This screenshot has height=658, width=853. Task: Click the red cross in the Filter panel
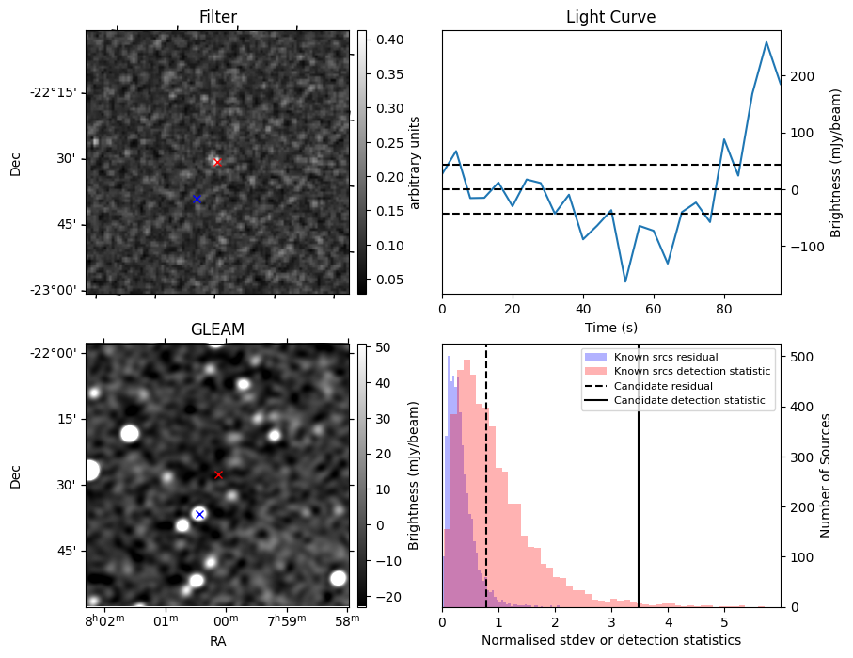point(217,162)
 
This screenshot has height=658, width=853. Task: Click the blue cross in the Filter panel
point(197,199)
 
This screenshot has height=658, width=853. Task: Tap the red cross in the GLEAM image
point(218,475)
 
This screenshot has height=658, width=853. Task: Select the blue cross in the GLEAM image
point(199,514)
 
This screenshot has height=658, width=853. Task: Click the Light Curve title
point(610,17)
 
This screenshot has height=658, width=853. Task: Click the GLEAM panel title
point(217,329)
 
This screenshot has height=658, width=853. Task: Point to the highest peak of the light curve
point(766,42)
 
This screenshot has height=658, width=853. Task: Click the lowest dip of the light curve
point(624,281)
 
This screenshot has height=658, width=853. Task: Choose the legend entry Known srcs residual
point(666,357)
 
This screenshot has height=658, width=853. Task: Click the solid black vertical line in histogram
point(639,471)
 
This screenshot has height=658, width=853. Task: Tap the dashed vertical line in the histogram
point(486,471)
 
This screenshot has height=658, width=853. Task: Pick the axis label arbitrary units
point(415,162)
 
